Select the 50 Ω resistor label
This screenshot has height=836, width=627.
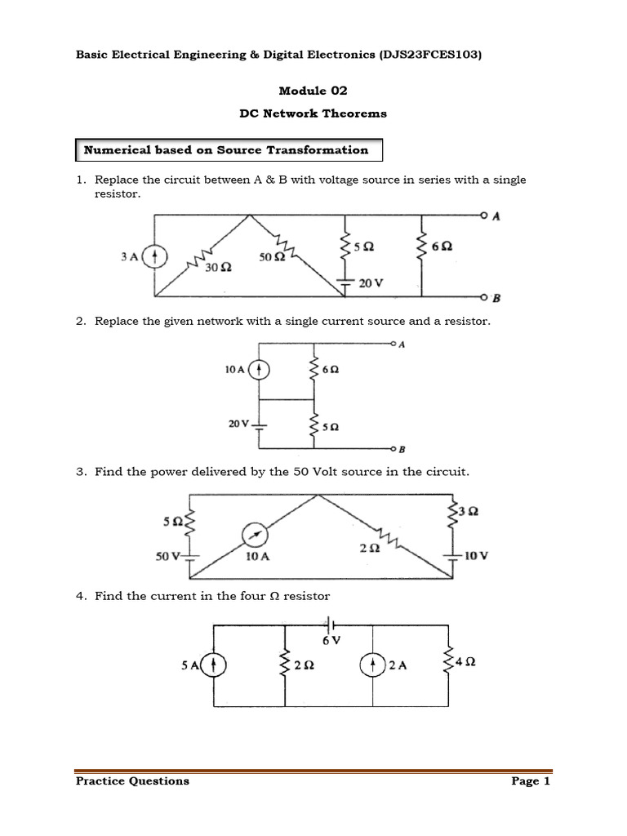pyautogui.click(x=272, y=257)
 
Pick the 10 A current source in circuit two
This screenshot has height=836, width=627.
pyautogui.click(x=259, y=370)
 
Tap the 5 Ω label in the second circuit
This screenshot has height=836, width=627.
pyautogui.click(x=331, y=426)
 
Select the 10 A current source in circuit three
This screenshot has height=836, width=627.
pyautogui.click(x=255, y=535)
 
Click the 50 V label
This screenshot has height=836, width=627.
pyautogui.click(x=167, y=557)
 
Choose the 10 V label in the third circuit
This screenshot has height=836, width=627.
pyautogui.click(x=477, y=556)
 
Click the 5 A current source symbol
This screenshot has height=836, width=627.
pyautogui.click(x=214, y=665)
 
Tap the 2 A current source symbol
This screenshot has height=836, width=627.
pyautogui.click(x=372, y=665)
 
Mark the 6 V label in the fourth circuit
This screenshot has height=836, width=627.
pyautogui.click(x=331, y=641)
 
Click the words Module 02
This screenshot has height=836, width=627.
pyautogui.click(x=313, y=91)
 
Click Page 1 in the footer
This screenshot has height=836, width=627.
pyautogui.click(x=531, y=781)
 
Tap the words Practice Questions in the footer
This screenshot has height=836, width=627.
pyautogui.click(x=132, y=781)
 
